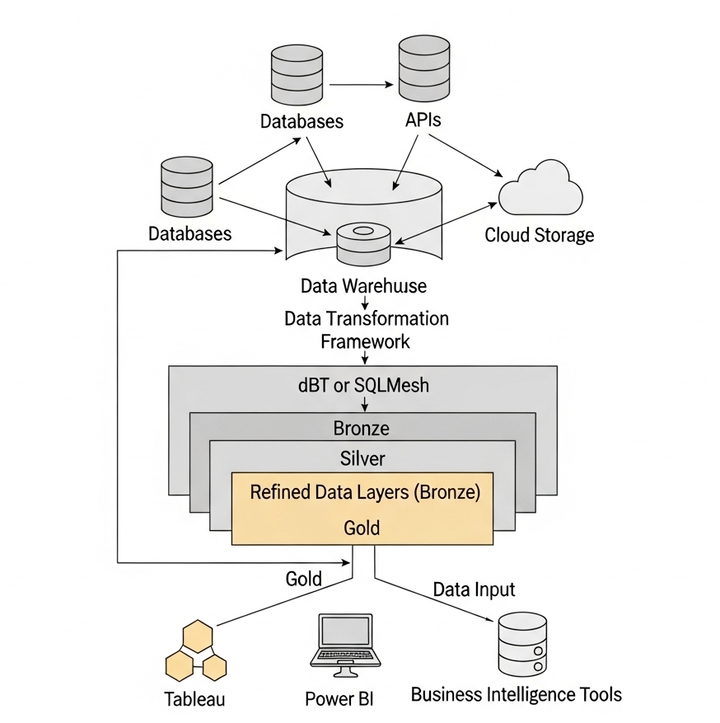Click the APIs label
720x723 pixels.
tap(423, 120)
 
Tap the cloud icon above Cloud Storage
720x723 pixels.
tap(540, 188)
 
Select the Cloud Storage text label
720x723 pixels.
tap(539, 235)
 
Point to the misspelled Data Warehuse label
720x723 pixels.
tap(363, 286)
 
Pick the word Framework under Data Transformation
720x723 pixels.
tap(365, 340)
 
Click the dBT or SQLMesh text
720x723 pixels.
tap(363, 384)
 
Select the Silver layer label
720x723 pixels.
tap(362, 458)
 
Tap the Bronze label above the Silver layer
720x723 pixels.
tap(362, 429)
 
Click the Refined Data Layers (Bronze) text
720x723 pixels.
tap(364, 493)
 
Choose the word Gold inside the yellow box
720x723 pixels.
tap(362, 528)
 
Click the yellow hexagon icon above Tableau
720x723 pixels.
tap(196, 651)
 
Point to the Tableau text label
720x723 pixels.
tap(194, 699)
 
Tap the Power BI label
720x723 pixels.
tap(339, 699)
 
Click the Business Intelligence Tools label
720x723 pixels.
tap(516, 694)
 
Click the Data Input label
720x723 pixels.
tap(474, 589)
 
